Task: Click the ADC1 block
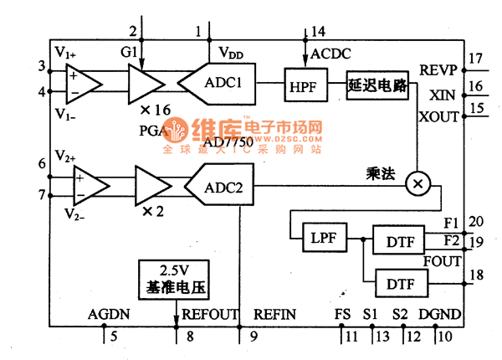coord(222,84)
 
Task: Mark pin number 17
coord(476,59)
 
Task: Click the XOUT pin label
coord(438,116)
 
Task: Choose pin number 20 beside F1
coord(476,221)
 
